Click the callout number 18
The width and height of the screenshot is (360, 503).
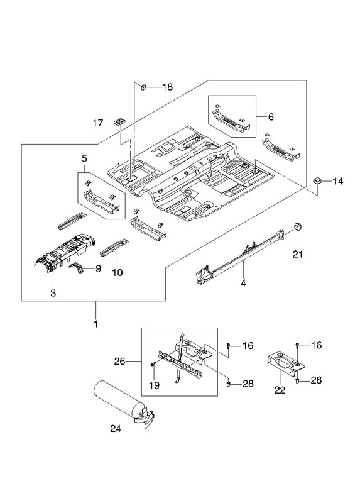click(x=167, y=87)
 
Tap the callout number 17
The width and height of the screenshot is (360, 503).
click(x=98, y=123)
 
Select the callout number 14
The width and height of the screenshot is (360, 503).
click(x=338, y=181)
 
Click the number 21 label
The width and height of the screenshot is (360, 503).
click(x=298, y=254)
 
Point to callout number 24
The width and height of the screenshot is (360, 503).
click(x=116, y=428)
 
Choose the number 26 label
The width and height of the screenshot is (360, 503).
click(x=119, y=362)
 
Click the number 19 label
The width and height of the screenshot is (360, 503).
click(x=154, y=385)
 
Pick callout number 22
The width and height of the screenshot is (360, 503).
click(x=280, y=390)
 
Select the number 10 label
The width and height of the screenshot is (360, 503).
click(x=117, y=273)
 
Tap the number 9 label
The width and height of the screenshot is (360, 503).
click(x=98, y=268)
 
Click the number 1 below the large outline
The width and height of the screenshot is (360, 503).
click(x=96, y=324)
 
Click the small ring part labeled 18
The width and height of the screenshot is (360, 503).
click(x=143, y=87)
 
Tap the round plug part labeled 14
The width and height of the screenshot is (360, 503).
click(x=317, y=181)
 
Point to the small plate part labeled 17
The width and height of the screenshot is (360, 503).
click(x=119, y=121)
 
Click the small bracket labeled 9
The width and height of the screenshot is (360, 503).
click(x=77, y=267)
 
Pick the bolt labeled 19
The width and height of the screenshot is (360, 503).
click(x=152, y=365)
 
